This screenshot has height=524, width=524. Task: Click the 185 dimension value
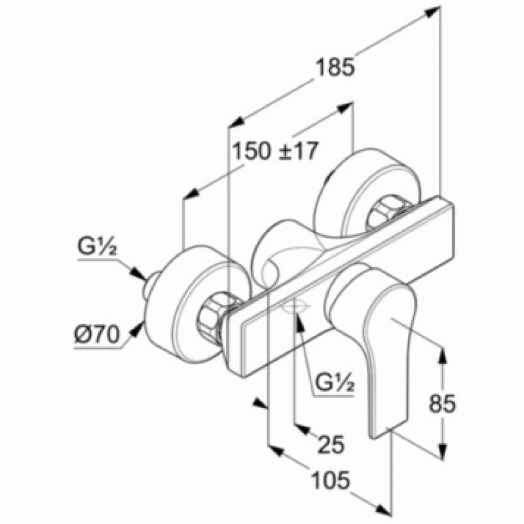(335, 67)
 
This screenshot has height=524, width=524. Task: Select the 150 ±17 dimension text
(275, 151)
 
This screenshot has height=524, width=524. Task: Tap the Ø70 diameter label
(96, 334)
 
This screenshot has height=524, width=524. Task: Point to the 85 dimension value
(441, 403)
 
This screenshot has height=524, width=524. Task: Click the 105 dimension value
(330, 480)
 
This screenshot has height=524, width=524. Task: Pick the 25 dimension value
(331, 445)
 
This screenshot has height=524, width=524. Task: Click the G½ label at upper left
(97, 246)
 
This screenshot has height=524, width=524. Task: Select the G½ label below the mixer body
(334, 383)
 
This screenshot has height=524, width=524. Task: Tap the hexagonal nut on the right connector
(388, 212)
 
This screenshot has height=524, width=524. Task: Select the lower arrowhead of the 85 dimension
(442, 451)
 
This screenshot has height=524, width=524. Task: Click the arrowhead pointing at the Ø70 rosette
(136, 330)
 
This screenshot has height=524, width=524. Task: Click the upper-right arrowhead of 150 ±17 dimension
(345, 108)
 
